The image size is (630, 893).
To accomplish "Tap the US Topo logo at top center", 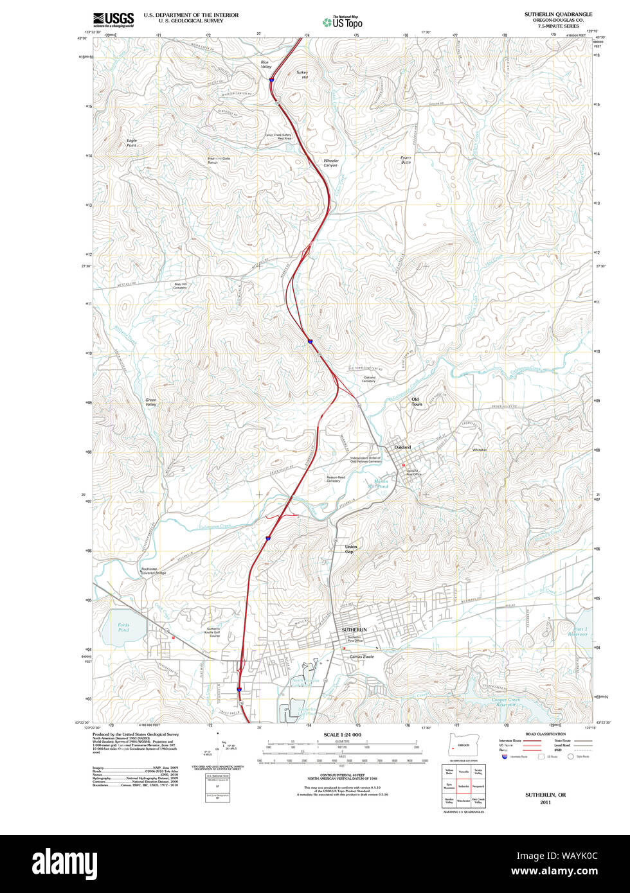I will pyautogui.click(x=343, y=22).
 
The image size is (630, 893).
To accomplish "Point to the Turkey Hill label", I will pyautogui.click(x=302, y=75).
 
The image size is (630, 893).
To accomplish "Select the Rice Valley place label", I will pyautogui.click(x=266, y=65).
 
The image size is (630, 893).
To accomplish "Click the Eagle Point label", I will pyautogui.click(x=132, y=143).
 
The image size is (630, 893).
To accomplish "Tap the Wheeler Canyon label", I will pyautogui.click(x=330, y=163).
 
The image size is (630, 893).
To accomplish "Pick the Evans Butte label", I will pyautogui.click(x=406, y=160).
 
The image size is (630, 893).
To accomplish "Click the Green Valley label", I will pyautogui.click(x=151, y=402).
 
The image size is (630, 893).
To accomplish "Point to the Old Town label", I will pyautogui.click(x=417, y=402).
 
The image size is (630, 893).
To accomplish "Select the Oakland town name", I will pyautogui.click(x=402, y=447).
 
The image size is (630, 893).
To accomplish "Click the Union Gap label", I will pyautogui.click(x=350, y=549).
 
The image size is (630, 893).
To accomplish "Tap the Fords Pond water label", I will pyautogui.click(x=123, y=627).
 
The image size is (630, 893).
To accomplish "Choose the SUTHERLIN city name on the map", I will pyautogui.click(x=354, y=630).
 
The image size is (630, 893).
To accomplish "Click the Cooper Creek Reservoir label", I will pyautogui.click(x=505, y=702).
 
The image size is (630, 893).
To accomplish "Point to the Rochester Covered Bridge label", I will pyautogui.click(x=154, y=570).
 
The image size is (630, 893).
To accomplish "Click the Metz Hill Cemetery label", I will pyautogui.click(x=180, y=286).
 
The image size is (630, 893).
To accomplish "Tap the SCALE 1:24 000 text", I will pyautogui.click(x=343, y=735).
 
